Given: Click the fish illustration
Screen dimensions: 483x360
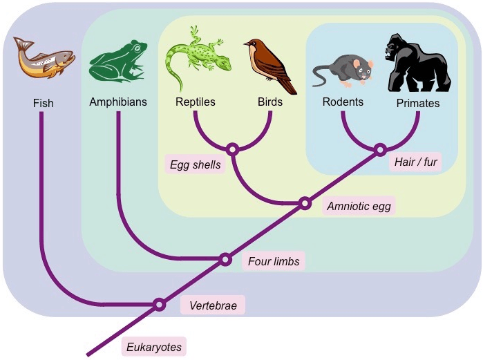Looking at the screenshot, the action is point(44,57).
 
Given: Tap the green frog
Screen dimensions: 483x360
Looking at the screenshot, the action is point(118,61).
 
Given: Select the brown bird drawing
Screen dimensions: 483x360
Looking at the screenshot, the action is point(270,66).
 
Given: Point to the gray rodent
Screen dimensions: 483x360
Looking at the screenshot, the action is point(343,71).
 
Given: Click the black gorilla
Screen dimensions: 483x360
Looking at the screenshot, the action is point(417,62).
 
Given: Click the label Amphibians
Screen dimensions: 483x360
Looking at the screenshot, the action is point(118,102).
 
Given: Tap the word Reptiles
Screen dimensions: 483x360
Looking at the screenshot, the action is point(196,102).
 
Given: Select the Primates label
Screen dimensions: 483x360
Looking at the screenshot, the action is point(417,103).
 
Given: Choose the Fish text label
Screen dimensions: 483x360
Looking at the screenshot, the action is point(43,103).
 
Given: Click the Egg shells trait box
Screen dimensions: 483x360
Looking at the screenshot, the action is point(196,164).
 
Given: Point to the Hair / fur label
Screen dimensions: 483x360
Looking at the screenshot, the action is point(415,162).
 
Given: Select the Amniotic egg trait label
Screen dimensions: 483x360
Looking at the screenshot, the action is point(359,206).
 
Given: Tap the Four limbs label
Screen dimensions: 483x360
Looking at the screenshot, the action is point(274,261).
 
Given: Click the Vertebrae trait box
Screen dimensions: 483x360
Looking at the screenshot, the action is point(213,305).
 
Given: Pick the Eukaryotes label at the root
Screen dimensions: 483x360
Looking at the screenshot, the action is point(154,347).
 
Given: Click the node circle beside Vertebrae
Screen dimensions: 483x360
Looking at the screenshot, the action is point(159,305).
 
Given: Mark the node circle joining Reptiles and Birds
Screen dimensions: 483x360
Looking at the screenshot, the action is point(233,149).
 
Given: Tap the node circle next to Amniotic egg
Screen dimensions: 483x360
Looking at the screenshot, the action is point(305,203).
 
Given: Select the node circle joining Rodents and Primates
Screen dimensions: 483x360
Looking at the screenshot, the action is point(380,150).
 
